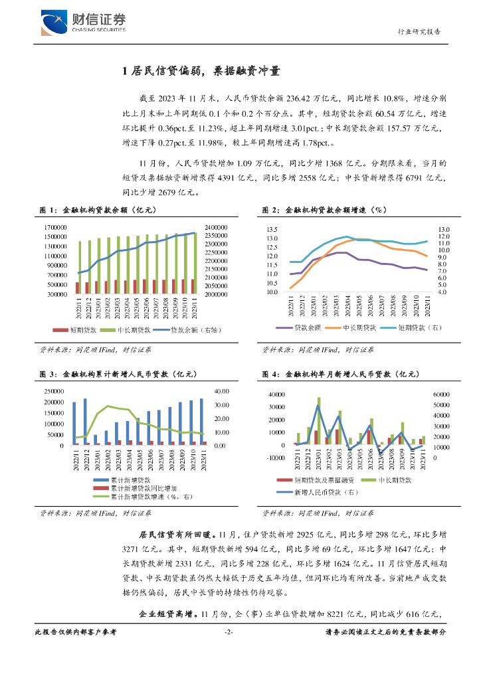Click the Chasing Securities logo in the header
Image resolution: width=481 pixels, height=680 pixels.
click(82, 22)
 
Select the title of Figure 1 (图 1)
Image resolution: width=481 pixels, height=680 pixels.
click(99, 210)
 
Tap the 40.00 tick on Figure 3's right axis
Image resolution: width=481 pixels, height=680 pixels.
click(220, 391)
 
